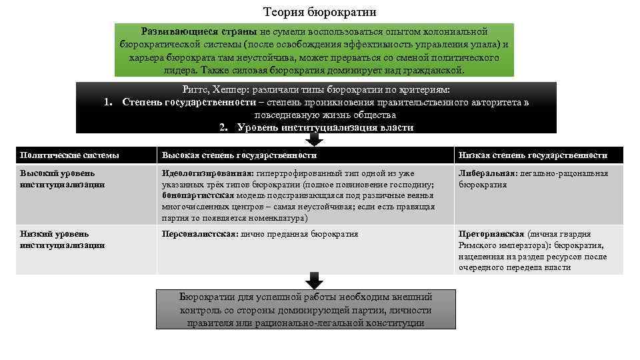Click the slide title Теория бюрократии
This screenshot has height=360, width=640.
coord(319,12)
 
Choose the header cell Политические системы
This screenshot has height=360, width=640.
coord(70,155)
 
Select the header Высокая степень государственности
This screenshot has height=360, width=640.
coord(239,155)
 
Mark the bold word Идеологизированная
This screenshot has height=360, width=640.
coord(203,173)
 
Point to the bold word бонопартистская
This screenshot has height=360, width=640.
coord(198,195)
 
